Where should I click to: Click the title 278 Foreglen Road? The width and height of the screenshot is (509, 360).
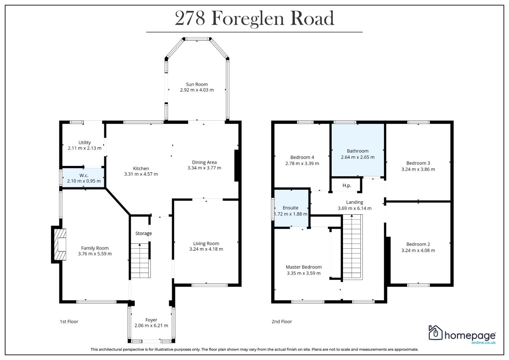254,18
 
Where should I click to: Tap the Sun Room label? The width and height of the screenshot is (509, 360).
197,84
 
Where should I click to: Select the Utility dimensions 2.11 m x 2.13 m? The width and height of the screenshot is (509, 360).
85,148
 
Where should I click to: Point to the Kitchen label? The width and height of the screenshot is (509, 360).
141,168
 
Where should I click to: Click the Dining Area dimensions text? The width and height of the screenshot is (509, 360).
204,168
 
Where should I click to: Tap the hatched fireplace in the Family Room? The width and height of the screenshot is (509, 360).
60,244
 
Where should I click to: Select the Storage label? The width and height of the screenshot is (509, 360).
143,233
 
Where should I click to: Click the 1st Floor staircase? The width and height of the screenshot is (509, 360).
140,260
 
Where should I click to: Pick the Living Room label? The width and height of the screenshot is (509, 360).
206,243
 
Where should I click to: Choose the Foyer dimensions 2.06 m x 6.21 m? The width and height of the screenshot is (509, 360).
151,325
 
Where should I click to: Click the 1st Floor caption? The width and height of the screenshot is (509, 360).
69,322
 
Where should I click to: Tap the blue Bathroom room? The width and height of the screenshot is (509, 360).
358,150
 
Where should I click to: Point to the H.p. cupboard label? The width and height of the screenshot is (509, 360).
347,185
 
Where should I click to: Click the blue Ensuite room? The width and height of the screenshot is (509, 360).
291,208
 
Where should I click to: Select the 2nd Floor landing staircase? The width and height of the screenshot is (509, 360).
352,247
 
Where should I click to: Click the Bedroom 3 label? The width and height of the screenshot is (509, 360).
418,163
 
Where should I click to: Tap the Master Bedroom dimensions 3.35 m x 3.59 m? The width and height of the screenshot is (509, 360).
304,273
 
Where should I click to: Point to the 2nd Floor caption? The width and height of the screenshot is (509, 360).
282,322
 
